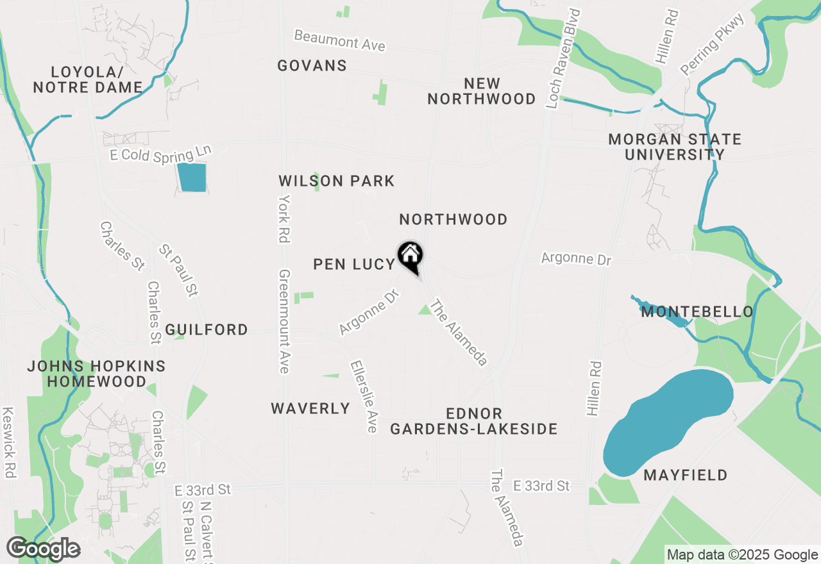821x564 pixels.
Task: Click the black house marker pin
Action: [x=410, y=256]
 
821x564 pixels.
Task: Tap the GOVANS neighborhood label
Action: [x=312, y=65]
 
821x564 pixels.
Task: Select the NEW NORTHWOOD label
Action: [x=482, y=91]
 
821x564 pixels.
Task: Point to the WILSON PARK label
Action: [x=337, y=181]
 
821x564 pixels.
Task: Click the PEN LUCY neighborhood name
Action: [x=354, y=264]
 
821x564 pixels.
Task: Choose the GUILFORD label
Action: [x=207, y=329]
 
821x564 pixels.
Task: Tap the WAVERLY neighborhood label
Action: [x=310, y=408]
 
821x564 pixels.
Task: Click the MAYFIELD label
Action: [x=686, y=475]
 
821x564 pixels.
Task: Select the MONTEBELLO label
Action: [x=697, y=312]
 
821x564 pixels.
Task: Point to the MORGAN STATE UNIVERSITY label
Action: [x=675, y=147]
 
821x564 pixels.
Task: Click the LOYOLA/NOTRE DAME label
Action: [x=87, y=79]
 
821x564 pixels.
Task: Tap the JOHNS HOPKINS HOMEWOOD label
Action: [x=96, y=374]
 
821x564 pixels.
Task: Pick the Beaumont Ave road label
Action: [x=340, y=40]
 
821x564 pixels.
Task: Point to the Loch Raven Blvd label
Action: [x=563, y=59]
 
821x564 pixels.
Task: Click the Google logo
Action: [x=43, y=549]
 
